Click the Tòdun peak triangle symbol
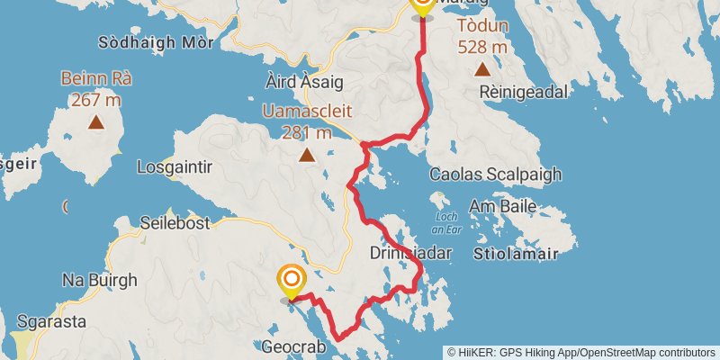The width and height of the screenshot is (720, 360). [482, 69]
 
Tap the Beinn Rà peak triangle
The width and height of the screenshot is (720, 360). [96, 121]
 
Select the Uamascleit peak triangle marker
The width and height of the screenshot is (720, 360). [307, 156]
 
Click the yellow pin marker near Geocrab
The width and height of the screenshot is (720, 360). [291, 282]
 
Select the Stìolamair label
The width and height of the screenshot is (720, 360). [525, 254]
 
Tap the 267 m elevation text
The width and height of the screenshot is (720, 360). [96, 98]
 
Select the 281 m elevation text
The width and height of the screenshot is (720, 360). [307, 132]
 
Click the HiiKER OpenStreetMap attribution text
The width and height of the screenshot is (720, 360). [581, 352]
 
